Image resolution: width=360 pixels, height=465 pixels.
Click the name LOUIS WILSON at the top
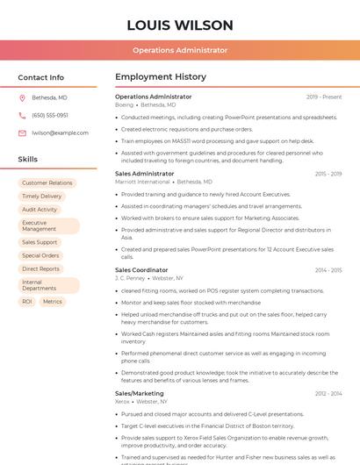click(180, 25)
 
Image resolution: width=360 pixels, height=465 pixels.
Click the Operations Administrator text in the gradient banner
click(180, 51)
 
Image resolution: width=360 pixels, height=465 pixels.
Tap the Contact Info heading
click(41, 77)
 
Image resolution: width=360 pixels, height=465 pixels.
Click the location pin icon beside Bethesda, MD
click(22, 97)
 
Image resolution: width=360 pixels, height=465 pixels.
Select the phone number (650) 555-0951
click(50, 115)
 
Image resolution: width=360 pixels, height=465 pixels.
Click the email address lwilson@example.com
click(60, 132)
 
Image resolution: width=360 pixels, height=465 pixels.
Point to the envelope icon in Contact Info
click(22, 132)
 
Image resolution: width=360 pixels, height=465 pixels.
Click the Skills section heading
click(28, 160)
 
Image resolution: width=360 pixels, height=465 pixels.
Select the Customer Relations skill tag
click(47, 183)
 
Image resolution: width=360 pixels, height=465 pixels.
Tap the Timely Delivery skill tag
click(42, 197)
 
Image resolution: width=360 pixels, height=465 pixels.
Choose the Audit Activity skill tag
click(40, 210)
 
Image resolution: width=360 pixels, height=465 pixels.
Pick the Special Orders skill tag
click(40, 255)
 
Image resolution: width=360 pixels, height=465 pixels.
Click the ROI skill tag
click(27, 301)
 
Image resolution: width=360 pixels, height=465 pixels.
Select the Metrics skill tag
click(53, 301)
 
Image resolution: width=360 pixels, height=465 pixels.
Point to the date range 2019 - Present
click(324, 97)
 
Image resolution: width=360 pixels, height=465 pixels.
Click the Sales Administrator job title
click(145, 174)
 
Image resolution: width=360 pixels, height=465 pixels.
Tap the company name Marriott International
click(142, 182)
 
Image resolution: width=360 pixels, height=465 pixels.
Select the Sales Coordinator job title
click(141, 270)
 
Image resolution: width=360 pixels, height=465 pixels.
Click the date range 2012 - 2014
click(328, 394)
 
